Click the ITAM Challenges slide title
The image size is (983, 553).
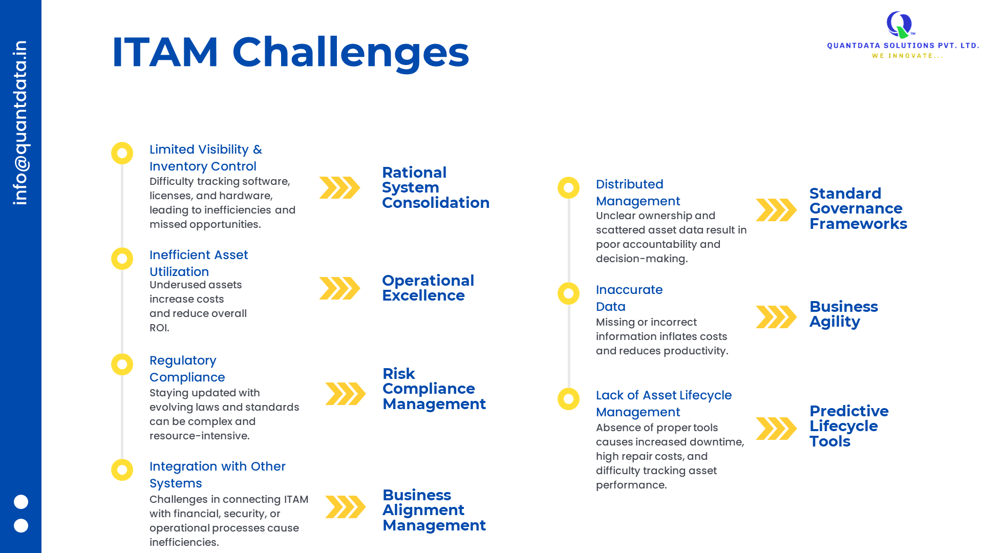point(290,52)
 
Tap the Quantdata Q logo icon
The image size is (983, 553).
point(900,25)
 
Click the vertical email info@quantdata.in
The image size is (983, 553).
point(20,123)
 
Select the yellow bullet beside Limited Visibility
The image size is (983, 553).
point(122,153)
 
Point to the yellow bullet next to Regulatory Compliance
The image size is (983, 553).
point(122,364)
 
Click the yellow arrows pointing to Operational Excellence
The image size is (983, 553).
point(339,288)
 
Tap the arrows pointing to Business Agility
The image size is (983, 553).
point(776,317)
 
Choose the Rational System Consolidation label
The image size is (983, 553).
point(436,187)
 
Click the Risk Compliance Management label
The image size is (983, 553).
point(434,389)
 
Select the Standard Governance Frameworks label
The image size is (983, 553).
point(858,208)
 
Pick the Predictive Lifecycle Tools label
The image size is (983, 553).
point(849,426)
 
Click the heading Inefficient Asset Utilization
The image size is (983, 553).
point(199,263)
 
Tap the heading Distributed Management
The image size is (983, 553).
point(638,193)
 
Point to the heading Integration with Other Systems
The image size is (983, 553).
point(218,475)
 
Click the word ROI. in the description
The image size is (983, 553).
point(159,328)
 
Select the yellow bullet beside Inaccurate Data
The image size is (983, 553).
point(568,293)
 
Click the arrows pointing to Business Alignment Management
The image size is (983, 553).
point(346,507)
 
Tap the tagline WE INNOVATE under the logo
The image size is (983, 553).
point(907,56)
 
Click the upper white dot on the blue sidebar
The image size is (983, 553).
point(21,502)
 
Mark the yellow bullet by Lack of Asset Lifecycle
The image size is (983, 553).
point(568,399)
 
